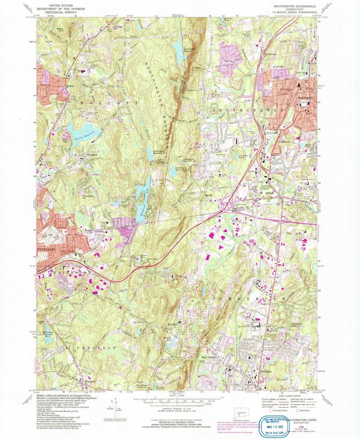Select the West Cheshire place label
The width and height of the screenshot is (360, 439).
tap(209, 357)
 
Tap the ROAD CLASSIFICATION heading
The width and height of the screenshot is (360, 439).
tap(289, 396)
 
